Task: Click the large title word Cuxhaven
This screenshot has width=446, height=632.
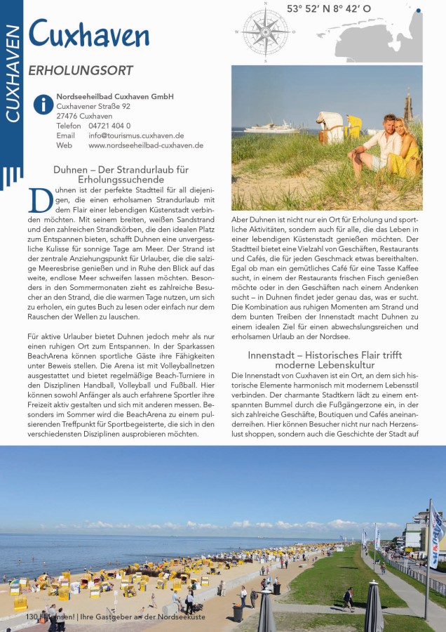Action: pos(88,35)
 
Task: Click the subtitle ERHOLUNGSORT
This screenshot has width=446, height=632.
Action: pos(81,71)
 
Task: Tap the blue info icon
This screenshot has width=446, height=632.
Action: pos(43,105)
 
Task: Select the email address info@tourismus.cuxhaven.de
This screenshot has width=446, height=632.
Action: pos(136,136)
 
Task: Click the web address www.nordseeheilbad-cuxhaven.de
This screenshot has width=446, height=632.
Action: pos(146,145)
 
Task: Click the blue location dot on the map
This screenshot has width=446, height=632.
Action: pos(418,11)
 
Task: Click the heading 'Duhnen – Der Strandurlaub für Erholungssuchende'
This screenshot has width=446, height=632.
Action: pos(121,175)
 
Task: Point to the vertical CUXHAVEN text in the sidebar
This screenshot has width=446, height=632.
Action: pos(12,74)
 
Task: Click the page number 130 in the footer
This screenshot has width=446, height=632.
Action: pos(31,617)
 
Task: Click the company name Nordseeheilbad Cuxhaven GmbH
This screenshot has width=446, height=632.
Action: pos(115,96)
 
